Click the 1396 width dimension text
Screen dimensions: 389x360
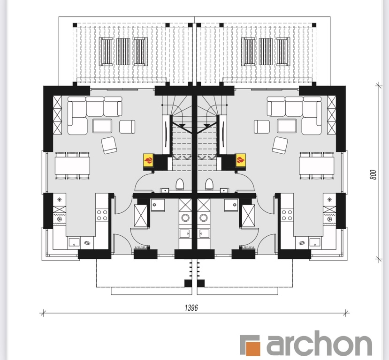(x=191, y=307)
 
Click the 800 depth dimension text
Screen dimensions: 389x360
(x=373, y=175)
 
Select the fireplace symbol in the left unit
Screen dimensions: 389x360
(x=149, y=160)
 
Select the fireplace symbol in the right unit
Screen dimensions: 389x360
(x=240, y=160)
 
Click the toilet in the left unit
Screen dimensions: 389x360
(x=180, y=185)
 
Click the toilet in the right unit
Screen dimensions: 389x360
(x=209, y=185)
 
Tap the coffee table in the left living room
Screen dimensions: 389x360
(x=102, y=126)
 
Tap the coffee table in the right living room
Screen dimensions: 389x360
(x=287, y=126)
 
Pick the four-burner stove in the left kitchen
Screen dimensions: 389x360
(x=102, y=215)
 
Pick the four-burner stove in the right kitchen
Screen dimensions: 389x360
(x=287, y=215)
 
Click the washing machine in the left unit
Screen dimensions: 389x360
(x=185, y=218)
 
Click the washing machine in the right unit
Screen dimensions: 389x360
(x=204, y=218)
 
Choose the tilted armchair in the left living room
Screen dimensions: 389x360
(x=109, y=145)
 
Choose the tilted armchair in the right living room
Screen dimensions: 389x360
(x=280, y=145)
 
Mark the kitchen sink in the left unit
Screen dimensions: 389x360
(x=74, y=243)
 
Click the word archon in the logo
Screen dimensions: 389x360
(x=319, y=344)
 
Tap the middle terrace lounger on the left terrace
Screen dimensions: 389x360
(x=123, y=52)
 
